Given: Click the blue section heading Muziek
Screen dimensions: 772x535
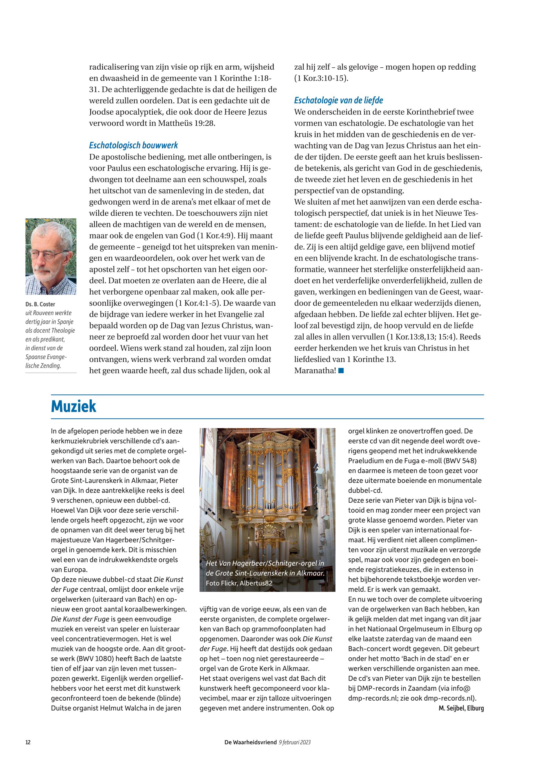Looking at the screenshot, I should (73, 406).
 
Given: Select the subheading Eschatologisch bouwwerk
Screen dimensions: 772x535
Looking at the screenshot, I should (133, 145).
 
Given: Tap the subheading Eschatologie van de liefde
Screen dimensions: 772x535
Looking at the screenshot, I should (339, 100).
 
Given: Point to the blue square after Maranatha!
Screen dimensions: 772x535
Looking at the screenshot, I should (341, 371).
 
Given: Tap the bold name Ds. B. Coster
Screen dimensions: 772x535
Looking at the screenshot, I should (40, 304).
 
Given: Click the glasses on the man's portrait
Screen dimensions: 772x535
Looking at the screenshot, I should (50, 256).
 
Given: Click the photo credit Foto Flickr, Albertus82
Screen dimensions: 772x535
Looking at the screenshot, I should (239, 583).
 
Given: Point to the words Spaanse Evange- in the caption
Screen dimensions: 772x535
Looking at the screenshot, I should (46, 357).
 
